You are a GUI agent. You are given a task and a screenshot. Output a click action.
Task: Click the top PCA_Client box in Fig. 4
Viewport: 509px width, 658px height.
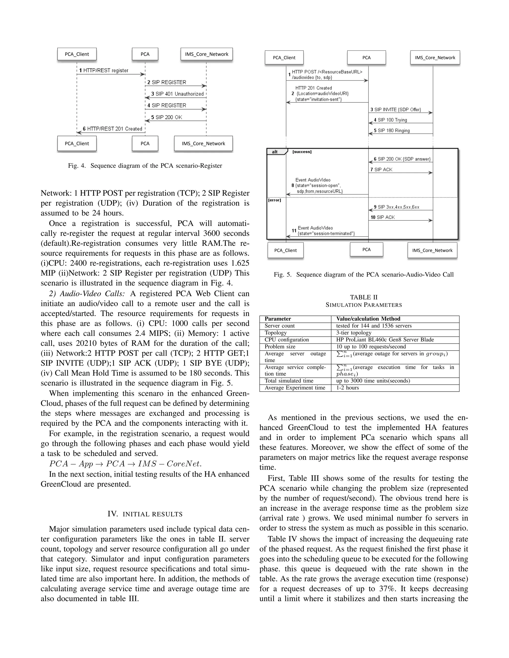pyautogui.click(x=77, y=54)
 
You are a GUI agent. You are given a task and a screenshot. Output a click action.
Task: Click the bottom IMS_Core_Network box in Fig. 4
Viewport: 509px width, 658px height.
pyautogui.click(x=203, y=144)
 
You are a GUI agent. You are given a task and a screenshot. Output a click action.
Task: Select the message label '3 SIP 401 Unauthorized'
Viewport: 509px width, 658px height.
pyautogui.click(x=177, y=94)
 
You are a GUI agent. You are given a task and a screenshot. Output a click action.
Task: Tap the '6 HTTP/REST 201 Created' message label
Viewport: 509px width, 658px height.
pyautogui.click(x=112, y=129)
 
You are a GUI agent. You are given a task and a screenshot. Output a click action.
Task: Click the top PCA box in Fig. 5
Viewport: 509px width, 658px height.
pyautogui.click(x=366, y=58)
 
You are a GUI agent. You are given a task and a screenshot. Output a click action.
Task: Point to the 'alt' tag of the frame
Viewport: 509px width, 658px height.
pyautogui.click(x=275, y=152)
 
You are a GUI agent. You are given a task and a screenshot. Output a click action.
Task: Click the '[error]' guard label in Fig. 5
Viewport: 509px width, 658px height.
pyautogui.click(x=275, y=200)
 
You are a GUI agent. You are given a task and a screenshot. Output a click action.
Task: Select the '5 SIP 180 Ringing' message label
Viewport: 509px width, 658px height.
pyautogui.click(x=391, y=130)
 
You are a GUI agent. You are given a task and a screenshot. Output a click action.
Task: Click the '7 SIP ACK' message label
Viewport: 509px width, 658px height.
pyautogui.click(x=382, y=170)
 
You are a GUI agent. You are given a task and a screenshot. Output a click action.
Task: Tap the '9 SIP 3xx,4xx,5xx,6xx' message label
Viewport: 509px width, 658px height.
pyautogui.click(x=396, y=207)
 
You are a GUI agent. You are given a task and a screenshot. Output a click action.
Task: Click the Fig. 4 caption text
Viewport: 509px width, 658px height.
pyautogui.click(x=145, y=166)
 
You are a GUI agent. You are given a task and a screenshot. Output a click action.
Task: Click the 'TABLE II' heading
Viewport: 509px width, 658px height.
pyautogui.click(x=364, y=297)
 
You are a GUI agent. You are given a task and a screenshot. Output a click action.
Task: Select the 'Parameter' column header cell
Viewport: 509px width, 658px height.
pyautogui.click(x=278, y=319)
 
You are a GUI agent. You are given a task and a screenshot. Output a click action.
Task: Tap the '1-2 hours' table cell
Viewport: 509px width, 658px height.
pyautogui.click(x=347, y=388)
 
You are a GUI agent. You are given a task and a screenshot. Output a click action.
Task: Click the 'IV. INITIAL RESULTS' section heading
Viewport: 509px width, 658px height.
pyautogui.click(x=145, y=514)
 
